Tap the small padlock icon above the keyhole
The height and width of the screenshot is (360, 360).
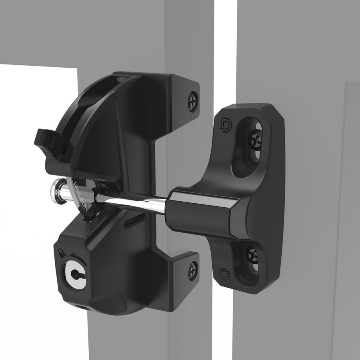pos(60,253)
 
